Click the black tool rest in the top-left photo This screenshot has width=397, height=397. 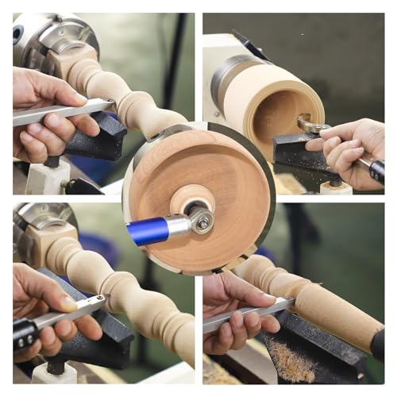coord(99,139)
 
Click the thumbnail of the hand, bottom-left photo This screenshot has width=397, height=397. coord(70,304)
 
